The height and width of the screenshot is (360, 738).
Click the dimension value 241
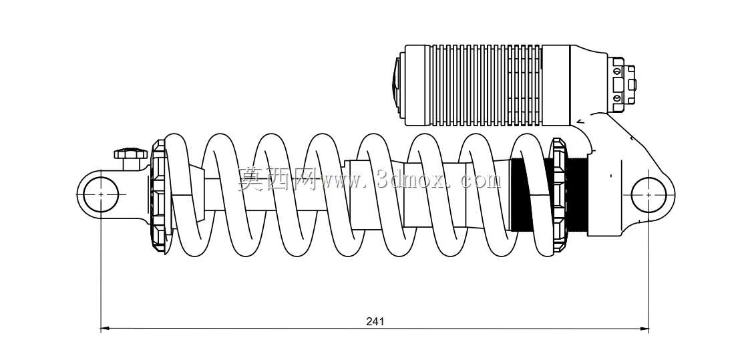click(x=375, y=321)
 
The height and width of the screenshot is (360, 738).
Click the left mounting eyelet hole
click(x=102, y=194)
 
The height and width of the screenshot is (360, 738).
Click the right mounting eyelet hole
click(x=649, y=194)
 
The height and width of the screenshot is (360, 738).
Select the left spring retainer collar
click(x=158, y=196)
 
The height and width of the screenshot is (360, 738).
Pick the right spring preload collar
click(x=559, y=196)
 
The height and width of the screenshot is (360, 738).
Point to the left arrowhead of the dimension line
click(x=106, y=327)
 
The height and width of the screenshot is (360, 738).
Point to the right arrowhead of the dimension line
click(x=644, y=327)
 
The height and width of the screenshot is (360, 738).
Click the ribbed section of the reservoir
click(x=486, y=85)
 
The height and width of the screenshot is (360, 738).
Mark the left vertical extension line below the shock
click(x=102, y=264)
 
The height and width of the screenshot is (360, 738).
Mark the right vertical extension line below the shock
click(x=649, y=264)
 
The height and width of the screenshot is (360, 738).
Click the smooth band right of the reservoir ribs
click(x=556, y=85)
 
